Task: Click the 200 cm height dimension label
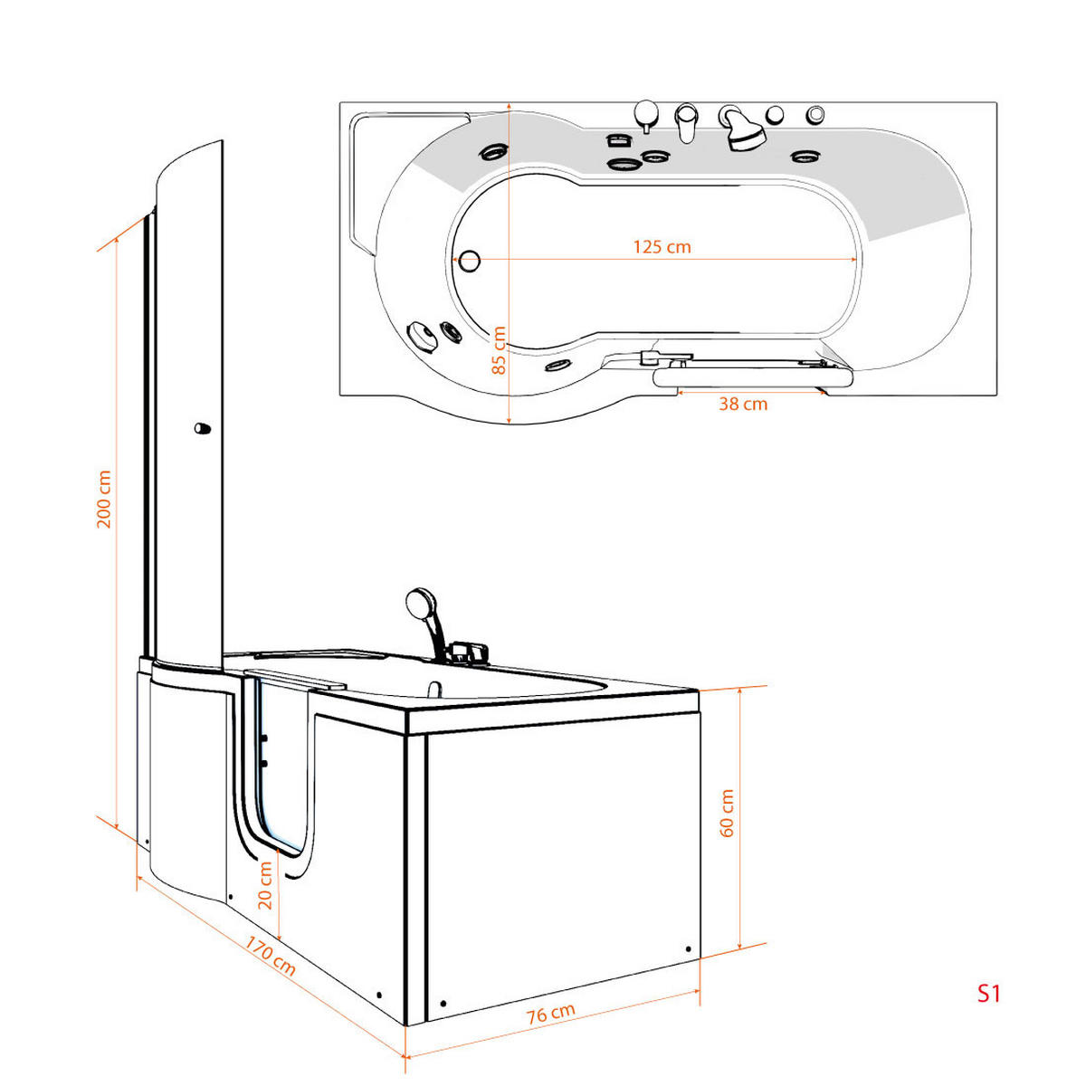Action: coord(104,498)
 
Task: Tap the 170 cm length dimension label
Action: coord(270,956)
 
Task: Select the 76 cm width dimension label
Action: coord(550,1014)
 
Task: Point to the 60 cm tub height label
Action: coord(727,813)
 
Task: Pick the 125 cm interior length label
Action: coord(662,247)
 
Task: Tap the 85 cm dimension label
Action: coord(499,350)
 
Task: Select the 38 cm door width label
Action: coord(743,404)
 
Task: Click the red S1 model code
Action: coord(988,993)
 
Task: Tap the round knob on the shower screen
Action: coord(203,428)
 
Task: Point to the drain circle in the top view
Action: coord(469,261)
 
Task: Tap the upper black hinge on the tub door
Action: coord(263,738)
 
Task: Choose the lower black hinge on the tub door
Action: coord(263,763)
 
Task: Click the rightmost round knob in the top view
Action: coord(814,114)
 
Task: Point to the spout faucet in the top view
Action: coord(686,122)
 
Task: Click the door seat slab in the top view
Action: coord(753,377)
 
